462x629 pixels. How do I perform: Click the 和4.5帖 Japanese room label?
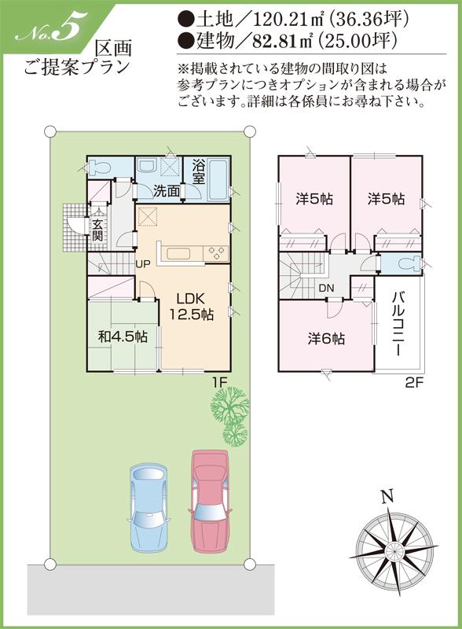123,337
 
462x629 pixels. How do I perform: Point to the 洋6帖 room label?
325,339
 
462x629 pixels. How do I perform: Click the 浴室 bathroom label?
199,172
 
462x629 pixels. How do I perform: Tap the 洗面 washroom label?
166,191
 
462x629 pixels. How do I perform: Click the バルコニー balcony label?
399,327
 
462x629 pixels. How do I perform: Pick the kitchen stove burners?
216,253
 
